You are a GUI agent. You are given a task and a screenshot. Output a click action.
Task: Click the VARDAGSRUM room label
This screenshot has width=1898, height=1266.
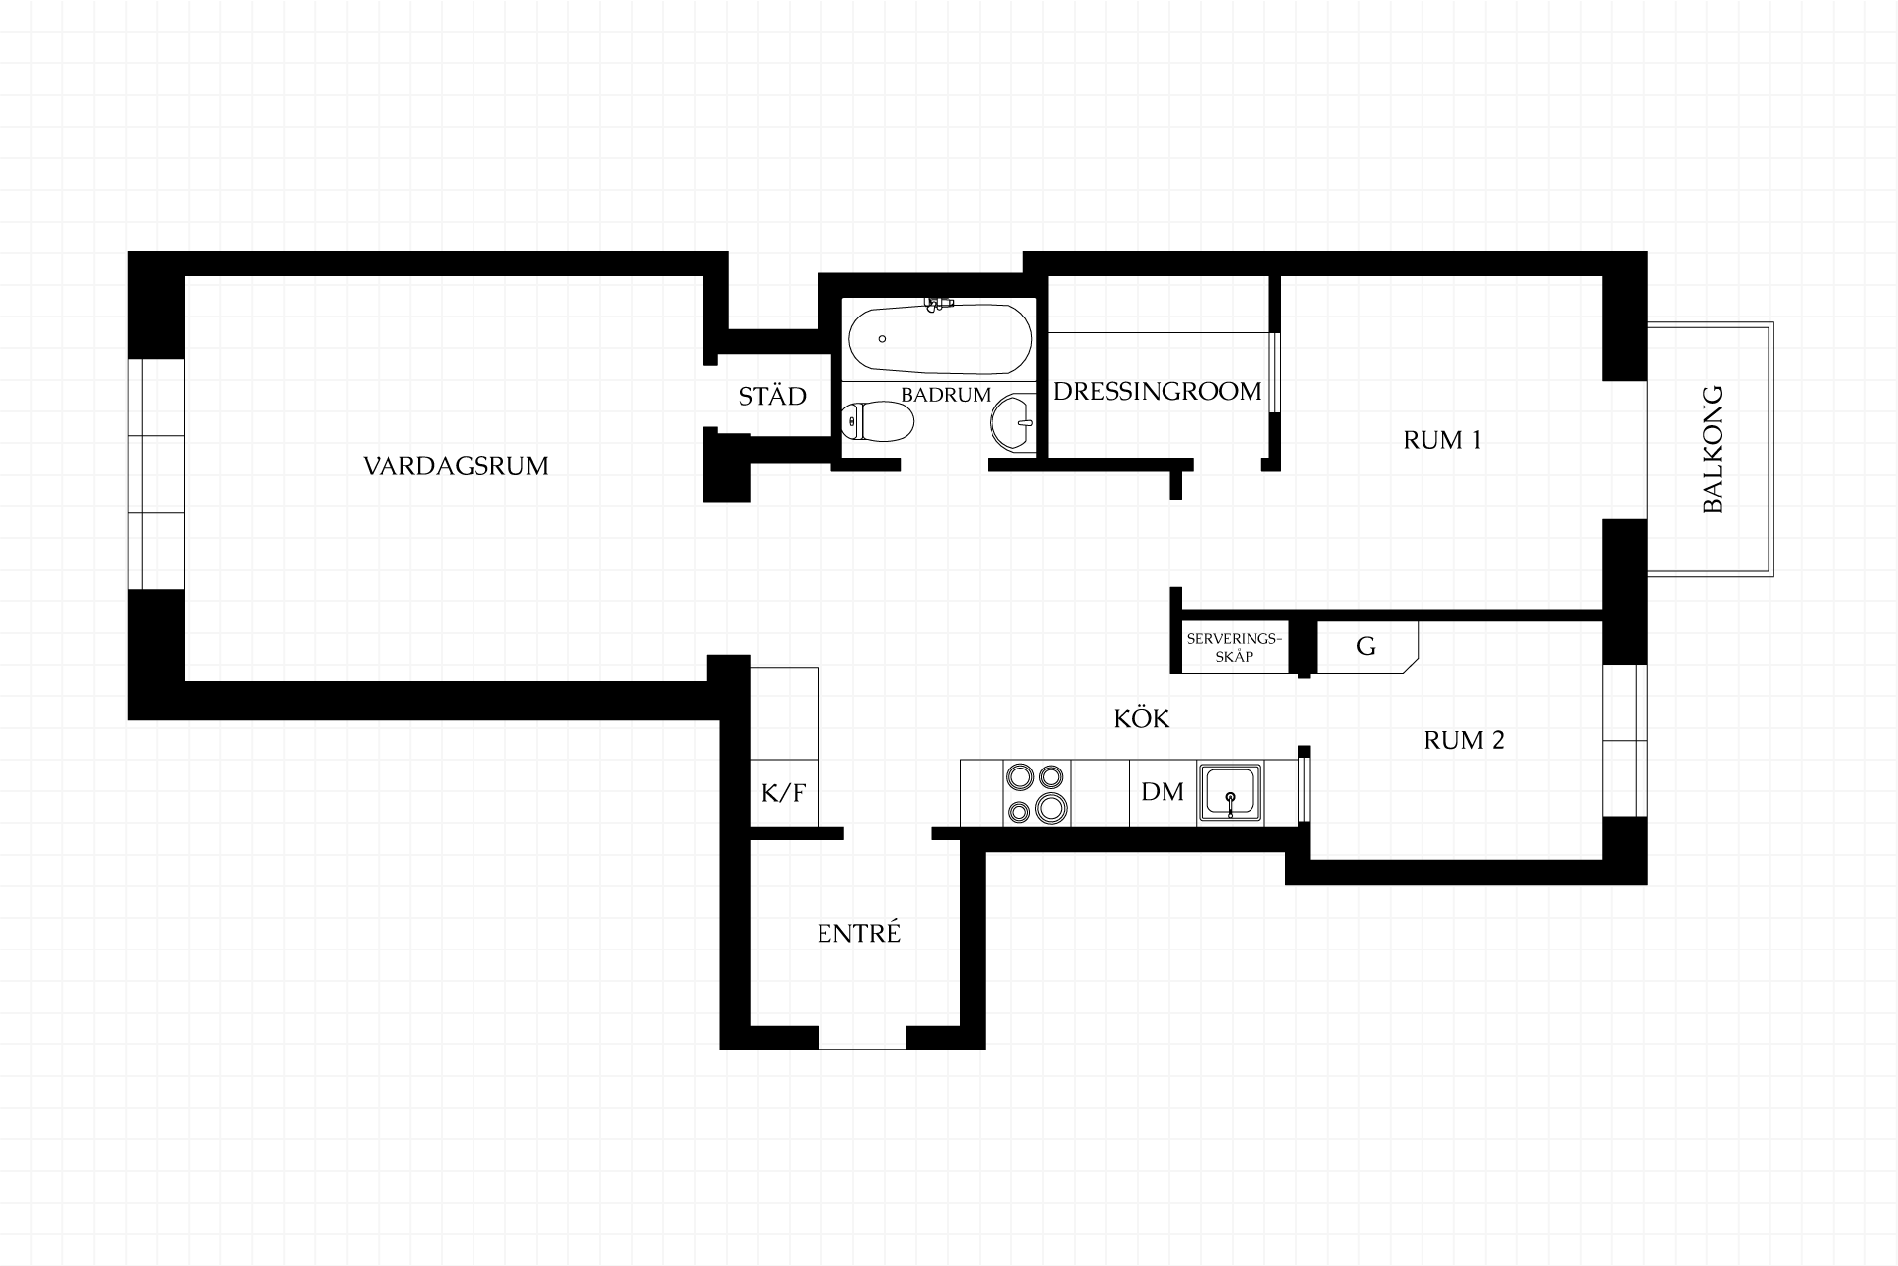click(x=456, y=466)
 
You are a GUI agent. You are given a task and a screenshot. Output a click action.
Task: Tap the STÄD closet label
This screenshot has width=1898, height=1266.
click(x=773, y=396)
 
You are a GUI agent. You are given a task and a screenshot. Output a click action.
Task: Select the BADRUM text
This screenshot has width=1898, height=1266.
click(x=945, y=395)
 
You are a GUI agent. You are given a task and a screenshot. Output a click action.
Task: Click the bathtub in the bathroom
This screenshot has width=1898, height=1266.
click(x=940, y=340)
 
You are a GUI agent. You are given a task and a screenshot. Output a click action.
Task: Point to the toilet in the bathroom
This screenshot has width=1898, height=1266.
click(x=877, y=423)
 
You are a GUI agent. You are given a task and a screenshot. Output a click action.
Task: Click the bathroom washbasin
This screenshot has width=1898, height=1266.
click(x=1013, y=423)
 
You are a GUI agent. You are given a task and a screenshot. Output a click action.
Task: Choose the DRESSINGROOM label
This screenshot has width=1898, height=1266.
click(x=1157, y=392)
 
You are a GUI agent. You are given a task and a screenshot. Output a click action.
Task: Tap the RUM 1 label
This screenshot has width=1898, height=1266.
click(x=1442, y=440)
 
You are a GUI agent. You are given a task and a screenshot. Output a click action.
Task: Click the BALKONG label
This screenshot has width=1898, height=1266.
click(x=1713, y=449)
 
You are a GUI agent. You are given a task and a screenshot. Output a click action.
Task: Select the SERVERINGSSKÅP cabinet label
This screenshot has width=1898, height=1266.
click(x=1234, y=647)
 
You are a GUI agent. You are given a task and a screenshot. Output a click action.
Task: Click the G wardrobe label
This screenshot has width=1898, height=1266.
click(x=1366, y=647)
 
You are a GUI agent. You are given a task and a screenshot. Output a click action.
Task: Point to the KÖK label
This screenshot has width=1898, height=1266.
click(x=1142, y=718)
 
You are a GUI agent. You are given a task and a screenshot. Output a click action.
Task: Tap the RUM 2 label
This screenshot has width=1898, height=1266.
click(x=1464, y=740)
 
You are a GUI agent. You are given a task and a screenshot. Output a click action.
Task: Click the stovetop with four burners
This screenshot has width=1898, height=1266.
click(x=1037, y=793)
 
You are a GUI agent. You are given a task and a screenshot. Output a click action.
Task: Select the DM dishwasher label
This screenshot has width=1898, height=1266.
click(x=1163, y=792)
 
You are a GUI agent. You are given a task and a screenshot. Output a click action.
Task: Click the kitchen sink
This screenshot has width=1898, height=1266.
click(x=1230, y=792)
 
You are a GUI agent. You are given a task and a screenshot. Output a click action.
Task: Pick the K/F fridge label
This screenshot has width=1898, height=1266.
click(x=784, y=792)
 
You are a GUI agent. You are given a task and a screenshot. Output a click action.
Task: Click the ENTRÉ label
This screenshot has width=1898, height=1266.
click(x=859, y=933)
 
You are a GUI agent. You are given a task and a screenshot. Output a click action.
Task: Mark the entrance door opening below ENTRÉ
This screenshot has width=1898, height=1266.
click(x=862, y=1037)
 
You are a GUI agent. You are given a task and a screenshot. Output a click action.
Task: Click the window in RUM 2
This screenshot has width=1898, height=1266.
click(x=1625, y=740)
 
